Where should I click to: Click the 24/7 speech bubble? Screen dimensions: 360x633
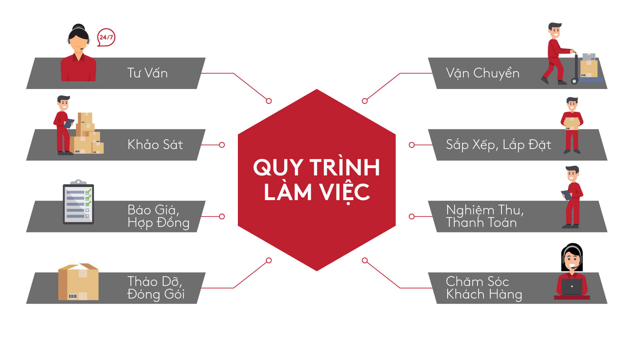coord(106,37)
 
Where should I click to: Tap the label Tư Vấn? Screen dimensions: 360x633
coord(147,73)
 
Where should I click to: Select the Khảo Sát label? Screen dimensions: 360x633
coord(155,145)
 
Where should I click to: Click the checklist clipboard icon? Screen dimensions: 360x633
coord(78,203)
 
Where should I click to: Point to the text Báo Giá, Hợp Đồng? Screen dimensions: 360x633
coord(158,216)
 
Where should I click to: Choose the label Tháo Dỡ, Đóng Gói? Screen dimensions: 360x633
coord(156,288)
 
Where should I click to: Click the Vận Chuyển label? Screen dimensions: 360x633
coord(482,73)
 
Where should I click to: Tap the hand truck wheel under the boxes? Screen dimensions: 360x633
coord(574,81)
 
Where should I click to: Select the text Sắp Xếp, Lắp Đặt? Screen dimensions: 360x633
coord(498,145)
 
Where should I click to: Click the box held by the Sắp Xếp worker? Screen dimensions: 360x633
coord(572,123)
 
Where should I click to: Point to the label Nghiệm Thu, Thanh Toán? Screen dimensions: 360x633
coord(485,216)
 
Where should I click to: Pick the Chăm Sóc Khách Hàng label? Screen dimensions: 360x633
coord(484,288)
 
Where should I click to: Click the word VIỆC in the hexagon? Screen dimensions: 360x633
coord(344,192)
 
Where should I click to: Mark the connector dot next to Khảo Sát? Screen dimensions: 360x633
coord(222,145)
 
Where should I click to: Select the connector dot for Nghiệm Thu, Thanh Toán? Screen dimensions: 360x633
coord(412,217)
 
